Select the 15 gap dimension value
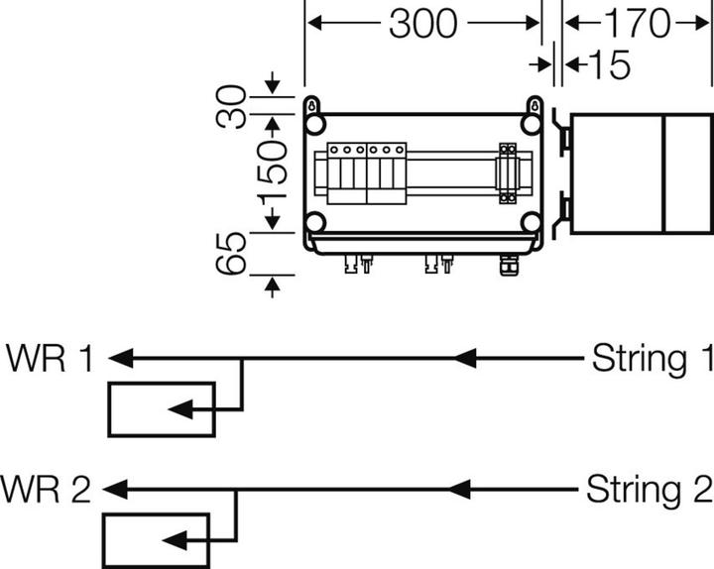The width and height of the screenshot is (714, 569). pyautogui.click(x=608, y=65)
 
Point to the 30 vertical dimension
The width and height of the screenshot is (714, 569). pyautogui.click(x=233, y=108)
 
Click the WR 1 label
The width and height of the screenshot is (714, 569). pyautogui.click(x=49, y=358)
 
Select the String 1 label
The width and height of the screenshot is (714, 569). pyautogui.click(x=652, y=358)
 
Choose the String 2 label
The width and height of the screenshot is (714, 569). pyautogui.click(x=648, y=489)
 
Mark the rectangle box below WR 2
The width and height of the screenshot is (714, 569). pyautogui.click(x=156, y=539)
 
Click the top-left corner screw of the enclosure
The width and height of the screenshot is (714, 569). pyautogui.click(x=315, y=123)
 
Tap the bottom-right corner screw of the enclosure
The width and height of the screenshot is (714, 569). pyautogui.click(x=532, y=221)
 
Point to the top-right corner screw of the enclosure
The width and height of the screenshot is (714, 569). pyautogui.click(x=532, y=123)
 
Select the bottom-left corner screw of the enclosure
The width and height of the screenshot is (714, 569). pyautogui.click(x=315, y=221)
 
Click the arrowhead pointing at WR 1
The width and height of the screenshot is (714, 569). pyautogui.click(x=118, y=358)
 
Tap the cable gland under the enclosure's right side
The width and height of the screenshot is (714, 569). pyautogui.click(x=509, y=264)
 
